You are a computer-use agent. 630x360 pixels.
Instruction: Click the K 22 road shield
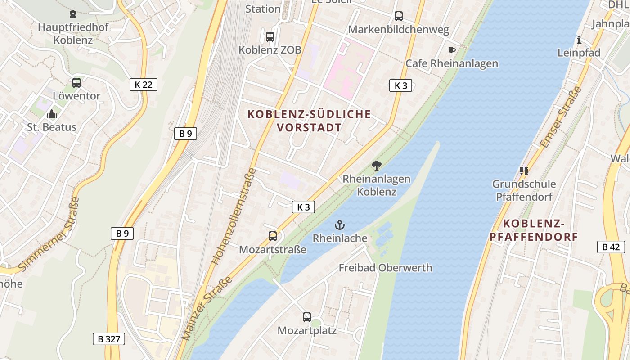click(x=144, y=84)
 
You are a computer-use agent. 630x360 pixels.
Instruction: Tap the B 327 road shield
click(x=109, y=339)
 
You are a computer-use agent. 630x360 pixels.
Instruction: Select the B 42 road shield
click(x=611, y=247)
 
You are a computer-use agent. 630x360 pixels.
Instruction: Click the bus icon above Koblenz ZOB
click(x=270, y=37)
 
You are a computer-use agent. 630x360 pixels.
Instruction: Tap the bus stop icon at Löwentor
click(x=76, y=83)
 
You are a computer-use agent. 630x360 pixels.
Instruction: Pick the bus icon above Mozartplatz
click(x=307, y=317)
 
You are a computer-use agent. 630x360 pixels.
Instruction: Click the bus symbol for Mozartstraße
click(x=273, y=236)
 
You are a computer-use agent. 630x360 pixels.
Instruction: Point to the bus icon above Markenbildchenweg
click(x=399, y=16)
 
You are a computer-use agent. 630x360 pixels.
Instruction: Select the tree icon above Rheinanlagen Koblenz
click(x=377, y=166)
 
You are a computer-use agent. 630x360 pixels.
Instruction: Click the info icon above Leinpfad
click(x=579, y=40)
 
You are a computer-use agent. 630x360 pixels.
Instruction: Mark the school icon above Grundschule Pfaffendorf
click(x=524, y=171)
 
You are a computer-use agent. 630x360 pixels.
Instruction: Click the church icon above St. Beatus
click(x=52, y=114)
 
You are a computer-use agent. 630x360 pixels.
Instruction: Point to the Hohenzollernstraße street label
click(x=233, y=216)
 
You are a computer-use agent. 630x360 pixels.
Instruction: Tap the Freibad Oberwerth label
click(x=385, y=268)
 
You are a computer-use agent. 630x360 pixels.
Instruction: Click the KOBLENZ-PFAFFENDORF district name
click(x=534, y=230)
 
